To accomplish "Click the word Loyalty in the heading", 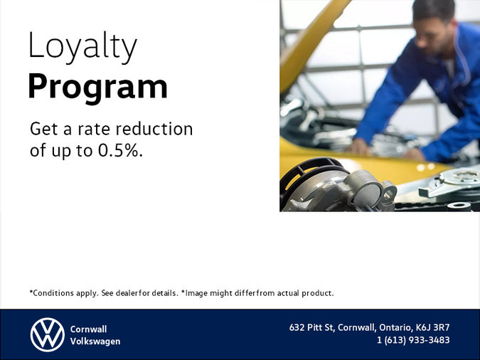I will point(82,47).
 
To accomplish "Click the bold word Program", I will point(97,86).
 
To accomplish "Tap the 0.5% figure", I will point(122,150).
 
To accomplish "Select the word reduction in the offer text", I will point(155,129).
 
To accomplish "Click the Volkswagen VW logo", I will point(47,334).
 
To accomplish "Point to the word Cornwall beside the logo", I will point(88,329).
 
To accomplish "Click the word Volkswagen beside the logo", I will point(95,342).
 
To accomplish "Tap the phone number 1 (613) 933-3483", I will point(413,340).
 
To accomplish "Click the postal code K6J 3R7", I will point(433,328).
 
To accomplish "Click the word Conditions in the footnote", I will point(52,292).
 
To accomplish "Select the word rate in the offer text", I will point(95,129).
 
